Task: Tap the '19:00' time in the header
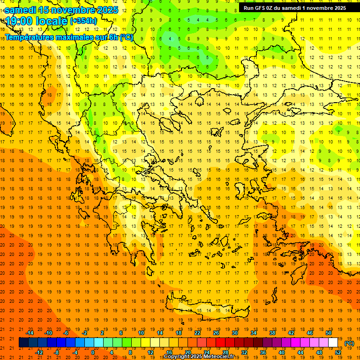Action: [x=21, y=21]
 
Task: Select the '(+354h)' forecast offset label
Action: [x=83, y=21]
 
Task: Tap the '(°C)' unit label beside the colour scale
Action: [x=349, y=343]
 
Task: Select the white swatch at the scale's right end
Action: [x=333, y=343]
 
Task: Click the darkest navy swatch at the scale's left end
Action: [x=24, y=343]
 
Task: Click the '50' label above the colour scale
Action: [x=329, y=333]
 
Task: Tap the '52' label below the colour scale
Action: [x=338, y=352]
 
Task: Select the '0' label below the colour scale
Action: [x=93, y=352]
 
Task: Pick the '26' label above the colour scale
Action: [x=216, y=333]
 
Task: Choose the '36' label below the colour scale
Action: [x=263, y=352]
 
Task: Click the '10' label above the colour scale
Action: [x=141, y=333]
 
